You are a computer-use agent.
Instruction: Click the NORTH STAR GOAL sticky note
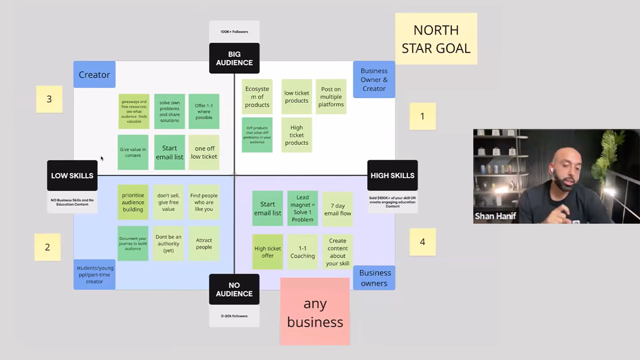(x=436, y=39)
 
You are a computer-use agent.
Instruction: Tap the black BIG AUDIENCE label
(x=234, y=58)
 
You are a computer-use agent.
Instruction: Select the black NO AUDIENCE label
(x=234, y=289)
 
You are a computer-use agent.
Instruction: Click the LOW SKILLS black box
(x=72, y=176)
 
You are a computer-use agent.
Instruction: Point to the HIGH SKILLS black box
(x=392, y=176)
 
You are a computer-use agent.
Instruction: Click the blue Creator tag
(x=94, y=75)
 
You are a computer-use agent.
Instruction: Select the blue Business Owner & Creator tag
(x=374, y=80)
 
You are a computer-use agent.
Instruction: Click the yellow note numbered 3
(x=49, y=99)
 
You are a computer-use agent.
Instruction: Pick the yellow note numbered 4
(x=422, y=242)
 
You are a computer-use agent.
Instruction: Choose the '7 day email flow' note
(x=338, y=209)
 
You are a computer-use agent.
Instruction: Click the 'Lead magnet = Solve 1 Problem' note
(x=302, y=209)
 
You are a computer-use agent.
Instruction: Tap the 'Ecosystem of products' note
(x=257, y=97)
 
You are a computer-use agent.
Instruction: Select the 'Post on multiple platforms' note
(x=331, y=97)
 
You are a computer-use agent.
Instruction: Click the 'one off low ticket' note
(x=204, y=153)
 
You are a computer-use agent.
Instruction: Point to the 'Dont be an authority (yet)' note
(x=168, y=244)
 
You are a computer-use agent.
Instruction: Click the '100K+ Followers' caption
(x=234, y=32)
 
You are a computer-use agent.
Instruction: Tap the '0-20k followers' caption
(x=234, y=316)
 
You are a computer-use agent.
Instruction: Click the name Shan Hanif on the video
(x=495, y=216)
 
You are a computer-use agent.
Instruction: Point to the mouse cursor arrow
(x=102, y=158)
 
